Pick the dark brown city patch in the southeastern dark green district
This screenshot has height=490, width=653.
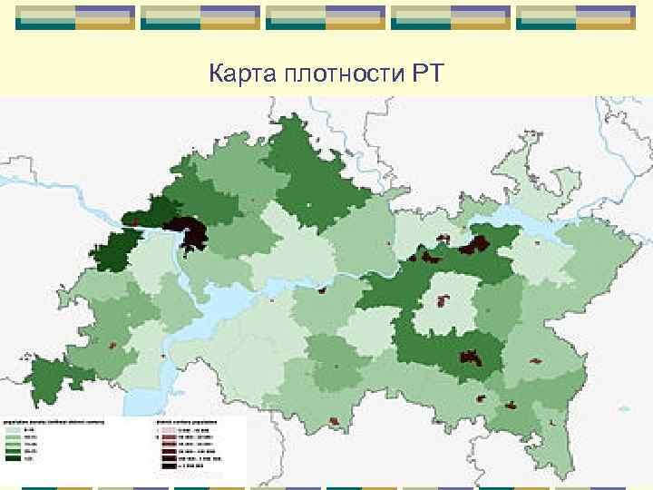point(471,357)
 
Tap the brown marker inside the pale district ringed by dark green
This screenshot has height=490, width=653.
point(443,299)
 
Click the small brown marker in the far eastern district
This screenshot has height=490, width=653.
point(535,360)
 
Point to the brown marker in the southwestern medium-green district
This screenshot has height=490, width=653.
point(112,346)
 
